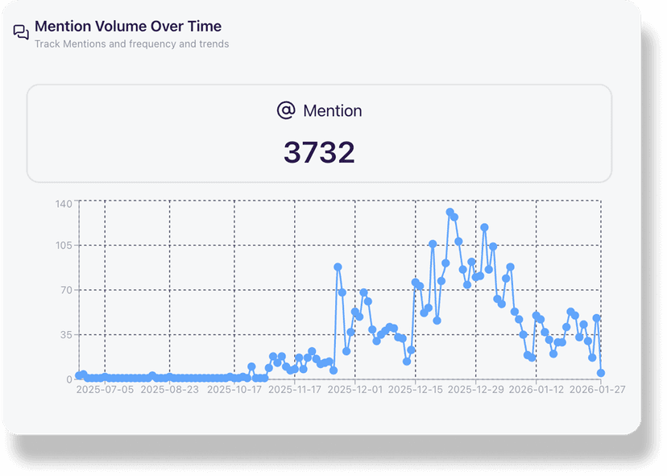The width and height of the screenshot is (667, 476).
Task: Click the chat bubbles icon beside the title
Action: (21, 32)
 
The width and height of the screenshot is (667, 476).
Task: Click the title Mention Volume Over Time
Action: (128, 27)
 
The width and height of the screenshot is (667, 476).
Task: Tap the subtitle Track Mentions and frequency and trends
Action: (131, 44)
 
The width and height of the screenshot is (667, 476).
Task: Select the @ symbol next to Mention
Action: (286, 110)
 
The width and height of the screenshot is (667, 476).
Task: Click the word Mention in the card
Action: (332, 111)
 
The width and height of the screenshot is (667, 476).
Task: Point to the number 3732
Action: (319, 152)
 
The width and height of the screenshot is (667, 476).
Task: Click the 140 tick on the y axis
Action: (64, 203)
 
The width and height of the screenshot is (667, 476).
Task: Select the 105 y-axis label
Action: (64, 246)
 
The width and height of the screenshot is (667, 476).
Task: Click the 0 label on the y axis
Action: (69, 379)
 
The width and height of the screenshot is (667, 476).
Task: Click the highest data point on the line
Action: (449, 213)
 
